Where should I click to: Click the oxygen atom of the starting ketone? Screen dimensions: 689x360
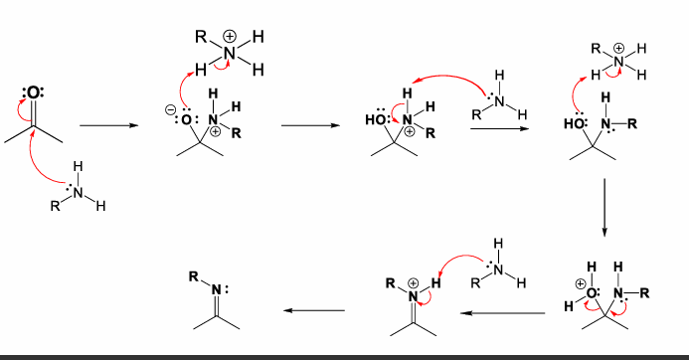tap(34, 93)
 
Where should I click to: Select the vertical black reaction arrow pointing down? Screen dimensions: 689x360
tap(603, 207)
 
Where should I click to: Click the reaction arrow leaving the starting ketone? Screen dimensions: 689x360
tap(106, 126)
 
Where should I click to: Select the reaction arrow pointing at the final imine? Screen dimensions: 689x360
tap(313, 311)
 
